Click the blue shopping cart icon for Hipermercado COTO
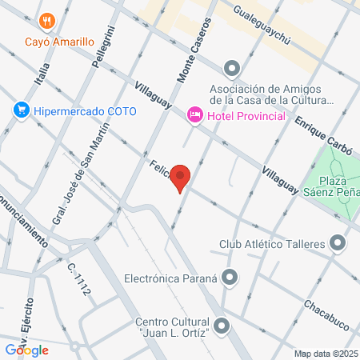tap(22, 110)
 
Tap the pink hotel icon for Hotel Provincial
tap(194, 117)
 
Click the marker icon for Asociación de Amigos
tap(232, 67)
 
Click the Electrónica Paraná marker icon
tap(230, 278)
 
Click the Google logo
tap(26, 350)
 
